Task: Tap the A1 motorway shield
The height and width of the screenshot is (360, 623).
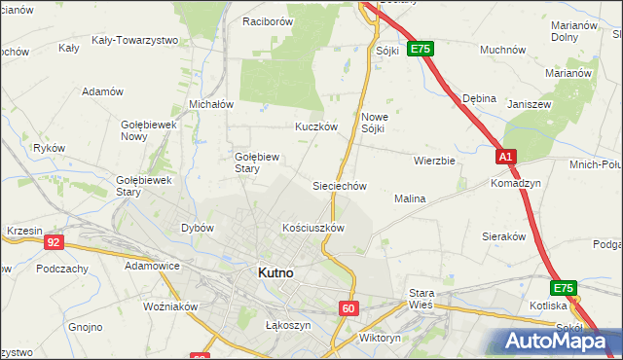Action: pos(504,156)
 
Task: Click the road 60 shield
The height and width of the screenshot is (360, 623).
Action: pos(349,307)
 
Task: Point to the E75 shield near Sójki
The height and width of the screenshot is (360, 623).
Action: pos(420,49)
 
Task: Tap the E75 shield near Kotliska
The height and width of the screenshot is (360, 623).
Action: pos(563,288)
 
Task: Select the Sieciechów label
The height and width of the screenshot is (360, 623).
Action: pos(338,185)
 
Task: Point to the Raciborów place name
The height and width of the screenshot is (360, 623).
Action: pos(268,20)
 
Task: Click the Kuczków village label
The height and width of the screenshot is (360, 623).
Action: pos(315,126)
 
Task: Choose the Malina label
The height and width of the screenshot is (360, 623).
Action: pos(410,198)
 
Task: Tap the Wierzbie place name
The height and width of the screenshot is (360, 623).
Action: pos(434,161)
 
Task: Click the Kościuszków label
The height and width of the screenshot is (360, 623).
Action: pos(313,228)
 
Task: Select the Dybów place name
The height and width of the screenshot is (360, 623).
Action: pos(198,228)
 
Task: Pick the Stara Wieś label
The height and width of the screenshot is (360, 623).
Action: pos(421,298)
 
